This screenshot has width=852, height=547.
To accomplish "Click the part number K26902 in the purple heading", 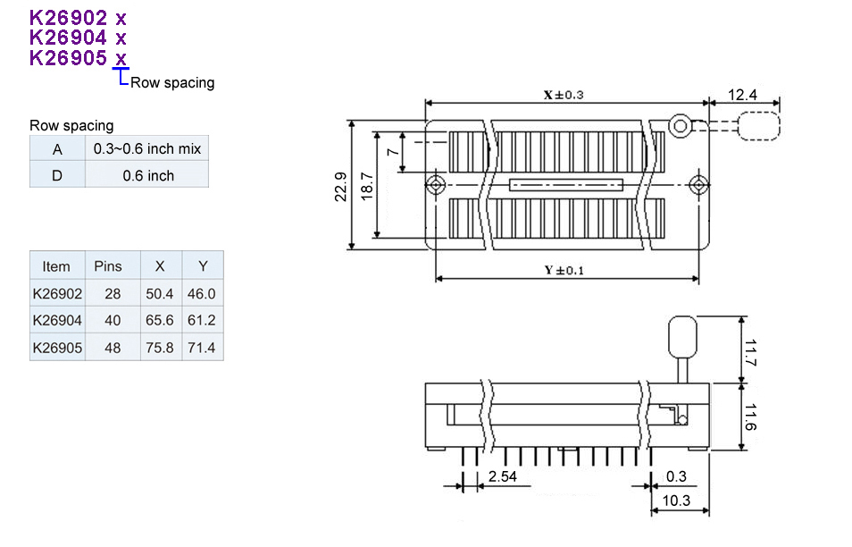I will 69,17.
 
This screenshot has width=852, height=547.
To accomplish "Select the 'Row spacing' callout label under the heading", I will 172,83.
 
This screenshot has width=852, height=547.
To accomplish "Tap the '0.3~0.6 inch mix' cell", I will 147,148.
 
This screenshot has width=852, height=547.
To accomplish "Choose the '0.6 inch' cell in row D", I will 147,175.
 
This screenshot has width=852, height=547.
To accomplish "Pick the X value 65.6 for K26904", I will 160,320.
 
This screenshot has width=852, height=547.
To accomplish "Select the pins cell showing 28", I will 112,293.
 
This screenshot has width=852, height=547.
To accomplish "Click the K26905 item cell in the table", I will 57,347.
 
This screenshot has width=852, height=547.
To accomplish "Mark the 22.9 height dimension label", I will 341,188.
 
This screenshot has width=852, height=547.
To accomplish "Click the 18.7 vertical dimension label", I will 366,188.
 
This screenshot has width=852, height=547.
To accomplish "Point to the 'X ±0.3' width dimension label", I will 563,94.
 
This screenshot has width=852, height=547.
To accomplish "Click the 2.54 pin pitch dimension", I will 503,476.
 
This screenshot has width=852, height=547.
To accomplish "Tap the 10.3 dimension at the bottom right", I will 679,501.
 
